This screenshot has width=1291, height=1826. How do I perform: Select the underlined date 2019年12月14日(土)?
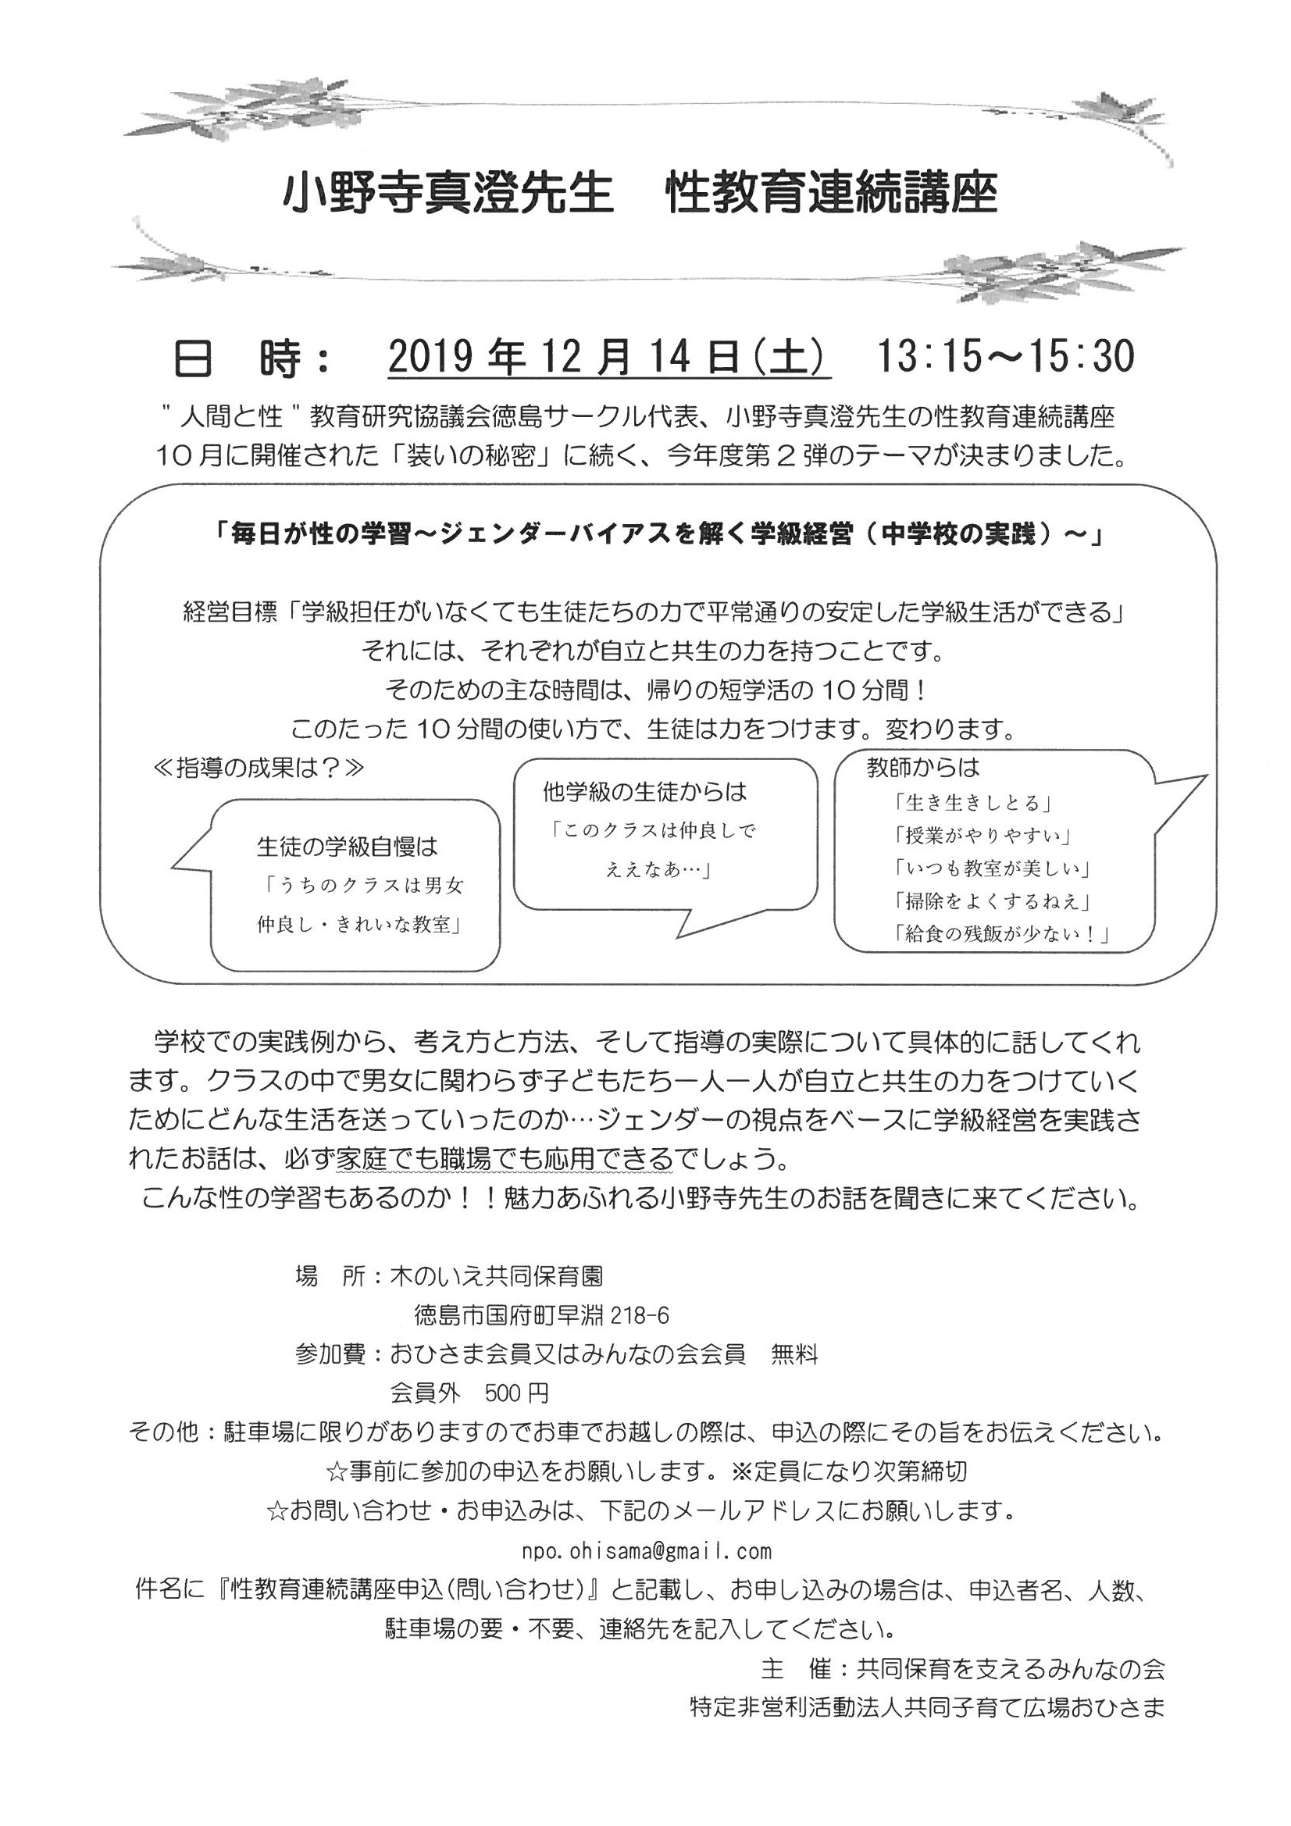[x=608, y=358]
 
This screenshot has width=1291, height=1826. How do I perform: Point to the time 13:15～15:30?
[x=1004, y=358]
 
